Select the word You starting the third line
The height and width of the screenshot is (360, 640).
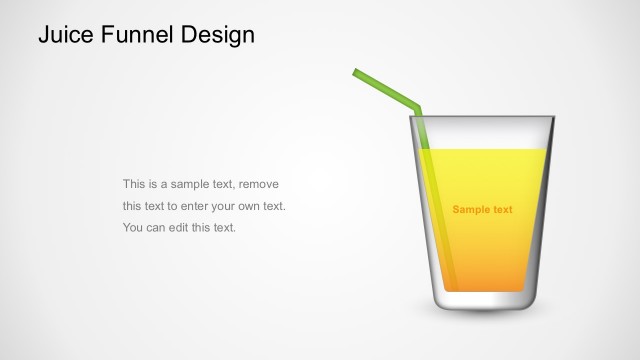pos(133,227)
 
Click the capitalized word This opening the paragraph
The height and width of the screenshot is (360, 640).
pos(134,185)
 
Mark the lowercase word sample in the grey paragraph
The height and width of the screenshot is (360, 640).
pos(189,185)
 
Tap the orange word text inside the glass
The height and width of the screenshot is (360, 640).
pos(503,210)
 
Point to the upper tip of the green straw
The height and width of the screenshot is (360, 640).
pos(357,72)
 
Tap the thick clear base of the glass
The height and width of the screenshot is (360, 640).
pos(484,300)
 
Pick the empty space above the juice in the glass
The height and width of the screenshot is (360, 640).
pos(484,132)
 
